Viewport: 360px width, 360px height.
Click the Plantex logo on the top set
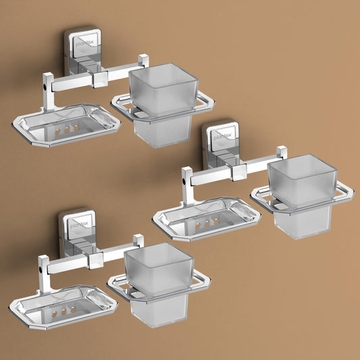click(x=84, y=44)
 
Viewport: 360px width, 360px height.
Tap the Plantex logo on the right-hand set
click(x=222, y=137)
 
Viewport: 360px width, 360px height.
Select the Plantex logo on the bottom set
click(x=79, y=224)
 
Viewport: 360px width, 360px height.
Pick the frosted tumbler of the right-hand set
click(x=302, y=196)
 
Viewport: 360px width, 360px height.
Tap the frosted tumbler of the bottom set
click(x=159, y=284)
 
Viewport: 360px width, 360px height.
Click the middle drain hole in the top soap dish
click(x=67, y=130)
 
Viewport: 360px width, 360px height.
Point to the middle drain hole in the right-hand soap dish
click(x=207, y=224)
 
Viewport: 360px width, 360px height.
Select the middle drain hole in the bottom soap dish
click(x=63, y=312)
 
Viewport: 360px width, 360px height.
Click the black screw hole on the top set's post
click(x=44, y=87)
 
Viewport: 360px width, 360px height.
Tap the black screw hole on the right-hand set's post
click(x=184, y=181)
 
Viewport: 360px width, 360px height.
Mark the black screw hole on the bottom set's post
click(x=41, y=269)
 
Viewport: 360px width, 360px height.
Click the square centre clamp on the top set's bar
click(x=100, y=79)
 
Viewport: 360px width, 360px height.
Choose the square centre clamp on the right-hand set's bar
click(x=239, y=172)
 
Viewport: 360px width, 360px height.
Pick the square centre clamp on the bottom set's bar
click(x=96, y=260)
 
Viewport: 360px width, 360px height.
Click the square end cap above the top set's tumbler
click(x=143, y=60)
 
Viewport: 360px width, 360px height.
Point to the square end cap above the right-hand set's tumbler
click(x=282, y=153)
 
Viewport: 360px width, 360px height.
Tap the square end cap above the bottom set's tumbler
click(x=138, y=240)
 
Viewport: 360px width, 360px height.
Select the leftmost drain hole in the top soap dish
click(x=57, y=132)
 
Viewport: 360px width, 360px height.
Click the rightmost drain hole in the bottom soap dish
click(x=73, y=310)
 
